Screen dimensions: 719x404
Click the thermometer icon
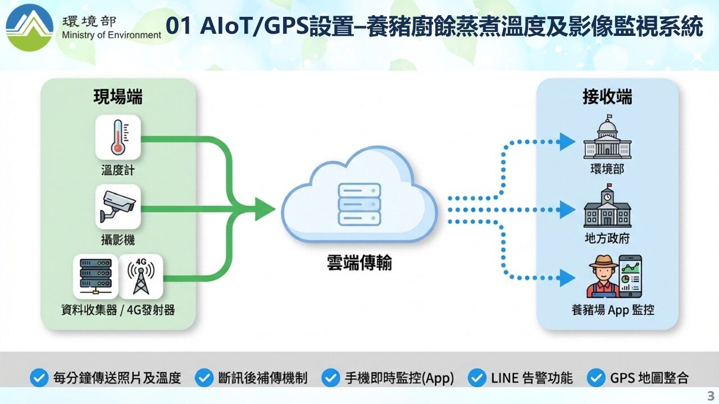pyautogui.click(x=118, y=137)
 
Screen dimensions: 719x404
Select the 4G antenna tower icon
pyautogui.click(x=141, y=277)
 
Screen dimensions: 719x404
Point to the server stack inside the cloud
pyautogui.click(x=359, y=204)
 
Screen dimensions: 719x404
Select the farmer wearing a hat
pyautogui.click(x=603, y=277)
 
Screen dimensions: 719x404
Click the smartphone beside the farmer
pyautogui.click(x=630, y=277)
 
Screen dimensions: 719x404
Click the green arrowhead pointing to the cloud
pyautogui.click(x=265, y=209)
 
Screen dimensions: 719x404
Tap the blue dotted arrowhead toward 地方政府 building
pyautogui.click(x=567, y=210)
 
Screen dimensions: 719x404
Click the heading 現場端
pyautogui.click(x=118, y=97)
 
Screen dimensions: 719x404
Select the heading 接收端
pyautogui.click(x=607, y=97)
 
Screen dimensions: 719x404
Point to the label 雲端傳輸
pyautogui.click(x=359, y=263)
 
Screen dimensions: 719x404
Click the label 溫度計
pyautogui.click(x=118, y=170)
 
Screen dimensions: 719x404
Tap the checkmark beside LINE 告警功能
pyautogui.click(x=477, y=378)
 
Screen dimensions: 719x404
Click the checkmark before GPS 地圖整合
pyautogui.click(x=596, y=378)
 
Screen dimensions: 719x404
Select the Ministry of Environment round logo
pyautogui.click(x=30, y=27)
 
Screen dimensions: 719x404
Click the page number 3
pyautogui.click(x=711, y=396)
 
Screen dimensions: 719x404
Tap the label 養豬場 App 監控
pyautogui.click(x=613, y=310)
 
